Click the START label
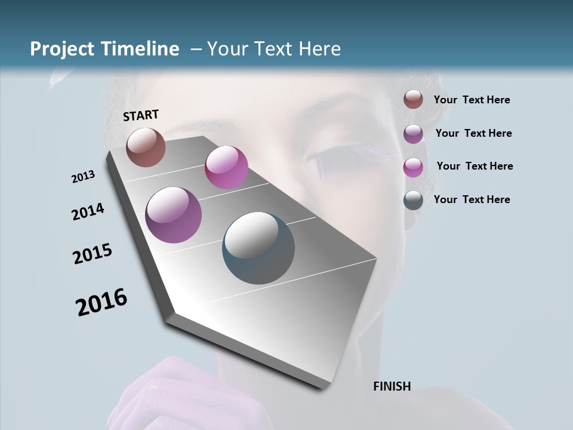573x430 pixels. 141,115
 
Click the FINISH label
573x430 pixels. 392,386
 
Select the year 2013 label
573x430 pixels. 84,177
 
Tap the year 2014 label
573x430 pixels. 88,212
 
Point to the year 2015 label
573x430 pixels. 93,254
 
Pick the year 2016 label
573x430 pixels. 101,302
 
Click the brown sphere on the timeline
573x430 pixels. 146,147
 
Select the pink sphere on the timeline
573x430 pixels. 226,167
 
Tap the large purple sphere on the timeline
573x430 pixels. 174,215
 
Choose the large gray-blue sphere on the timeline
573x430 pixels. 258,248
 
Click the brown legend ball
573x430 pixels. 413,100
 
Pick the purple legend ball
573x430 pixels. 413,134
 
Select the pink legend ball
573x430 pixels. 413,167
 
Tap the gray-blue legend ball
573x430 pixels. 413,200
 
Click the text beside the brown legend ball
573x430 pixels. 472,100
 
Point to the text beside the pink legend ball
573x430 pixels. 475,166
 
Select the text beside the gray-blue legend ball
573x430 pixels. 472,199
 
